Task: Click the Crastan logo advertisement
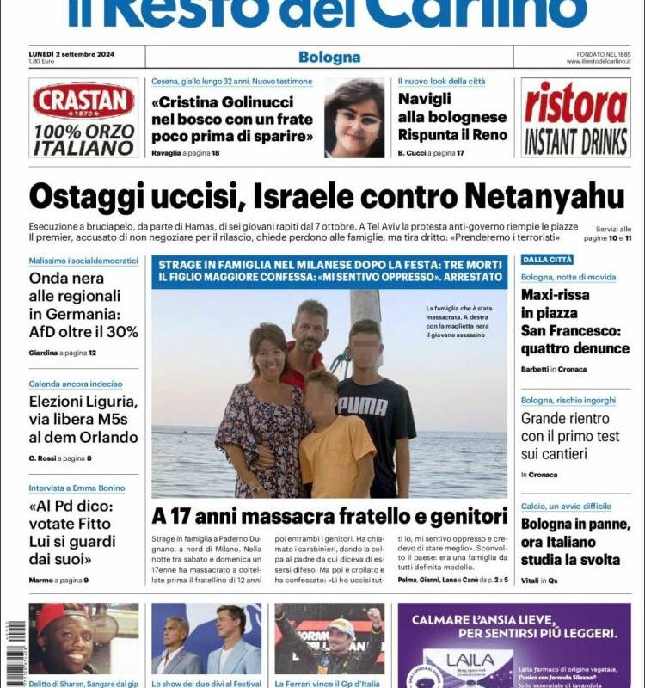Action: (x=83, y=118)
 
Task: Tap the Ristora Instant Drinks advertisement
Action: (x=575, y=118)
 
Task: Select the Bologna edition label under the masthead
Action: (x=329, y=58)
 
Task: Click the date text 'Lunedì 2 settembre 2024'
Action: (x=71, y=53)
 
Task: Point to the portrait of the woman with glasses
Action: (x=354, y=119)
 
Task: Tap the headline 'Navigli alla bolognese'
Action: (x=452, y=107)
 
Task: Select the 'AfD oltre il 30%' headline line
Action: (x=83, y=331)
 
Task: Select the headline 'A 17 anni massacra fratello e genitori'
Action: (x=329, y=517)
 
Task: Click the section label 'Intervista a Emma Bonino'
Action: (x=77, y=488)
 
